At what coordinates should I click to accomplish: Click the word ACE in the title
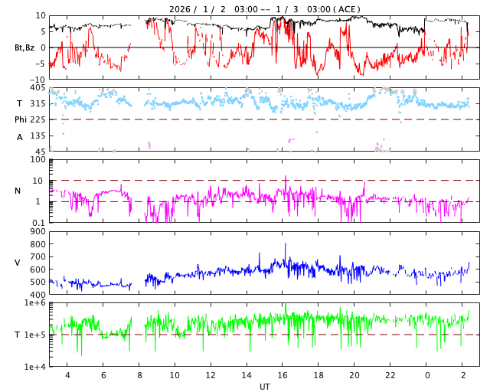click(347, 9)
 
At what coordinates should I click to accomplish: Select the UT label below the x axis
click(264, 387)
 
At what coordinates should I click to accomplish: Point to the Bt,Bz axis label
click(24, 47)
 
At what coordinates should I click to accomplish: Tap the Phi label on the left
click(21, 119)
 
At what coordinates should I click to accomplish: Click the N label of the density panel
click(18, 191)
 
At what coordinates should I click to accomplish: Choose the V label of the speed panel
click(18, 263)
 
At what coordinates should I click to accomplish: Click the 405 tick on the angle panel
click(38, 88)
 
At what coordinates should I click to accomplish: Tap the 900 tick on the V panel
click(38, 232)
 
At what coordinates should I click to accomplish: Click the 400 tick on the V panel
click(38, 295)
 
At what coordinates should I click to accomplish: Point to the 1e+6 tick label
click(34, 303)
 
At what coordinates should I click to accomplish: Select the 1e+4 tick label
click(34, 367)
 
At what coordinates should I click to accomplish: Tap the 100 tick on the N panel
click(38, 160)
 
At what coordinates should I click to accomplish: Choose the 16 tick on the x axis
click(283, 375)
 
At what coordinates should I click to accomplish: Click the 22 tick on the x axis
click(390, 375)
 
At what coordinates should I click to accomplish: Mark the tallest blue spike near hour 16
click(286, 244)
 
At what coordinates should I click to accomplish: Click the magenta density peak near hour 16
click(286, 177)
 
